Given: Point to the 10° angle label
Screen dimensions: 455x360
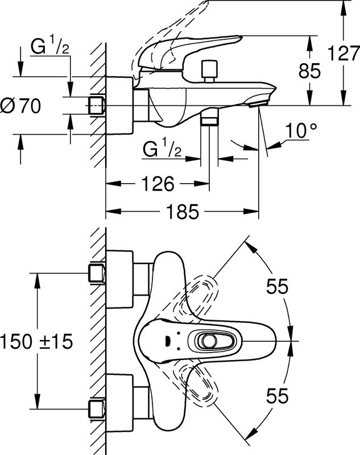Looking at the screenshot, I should [x=301, y=131].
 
